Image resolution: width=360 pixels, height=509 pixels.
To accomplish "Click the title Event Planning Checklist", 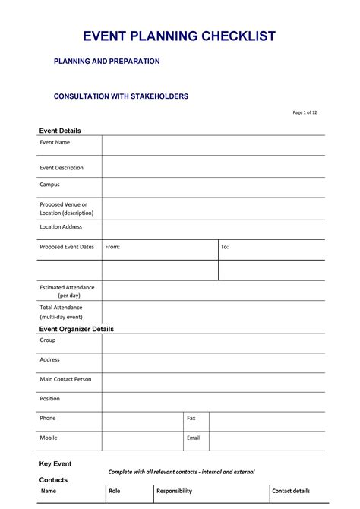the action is [179, 36].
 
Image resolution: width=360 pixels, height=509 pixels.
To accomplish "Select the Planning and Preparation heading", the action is [106, 61].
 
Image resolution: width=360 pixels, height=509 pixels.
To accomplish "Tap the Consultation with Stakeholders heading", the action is [121, 96].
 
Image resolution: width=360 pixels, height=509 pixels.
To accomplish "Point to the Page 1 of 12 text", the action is [305, 112].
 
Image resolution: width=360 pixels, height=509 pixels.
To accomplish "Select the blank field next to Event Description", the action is [213, 167].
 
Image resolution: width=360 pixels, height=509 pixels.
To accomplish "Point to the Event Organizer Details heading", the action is [76, 329].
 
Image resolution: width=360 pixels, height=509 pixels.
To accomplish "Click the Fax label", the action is [191, 418].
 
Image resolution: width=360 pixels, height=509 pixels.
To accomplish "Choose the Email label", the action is [193, 438].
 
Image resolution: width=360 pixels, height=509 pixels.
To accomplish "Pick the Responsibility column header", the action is [174, 492].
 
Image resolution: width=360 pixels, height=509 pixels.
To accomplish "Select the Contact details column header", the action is [292, 492].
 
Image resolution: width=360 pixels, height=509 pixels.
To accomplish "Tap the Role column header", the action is [115, 492].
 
